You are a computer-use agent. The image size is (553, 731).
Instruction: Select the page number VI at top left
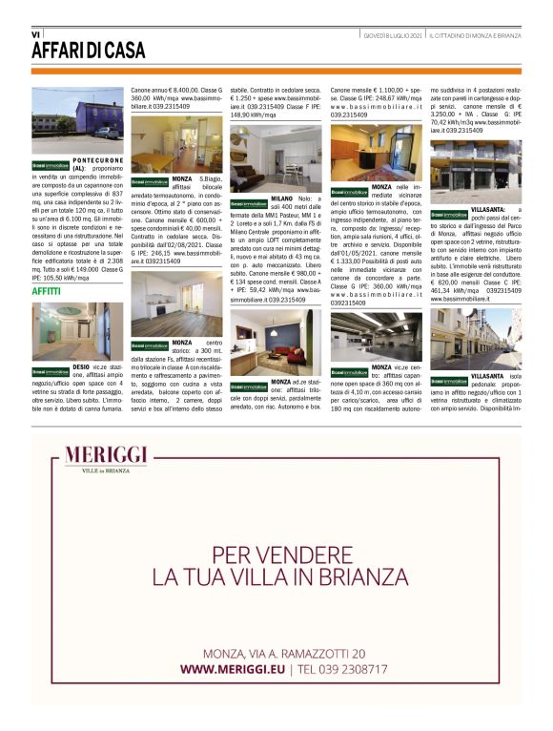click(x=35, y=34)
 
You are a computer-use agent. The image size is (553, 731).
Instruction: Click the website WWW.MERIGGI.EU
click(x=236, y=669)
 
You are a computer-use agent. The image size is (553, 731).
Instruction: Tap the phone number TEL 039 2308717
click(x=343, y=669)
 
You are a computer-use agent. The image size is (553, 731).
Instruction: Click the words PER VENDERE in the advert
click(x=276, y=552)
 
